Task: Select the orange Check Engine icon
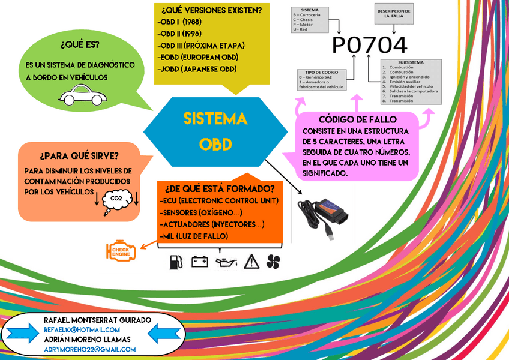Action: [121, 251]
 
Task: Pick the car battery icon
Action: [199, 261]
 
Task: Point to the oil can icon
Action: [226, 262]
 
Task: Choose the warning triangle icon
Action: [251, 261]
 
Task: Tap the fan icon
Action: [273, 261]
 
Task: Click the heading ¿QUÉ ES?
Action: [80, 46]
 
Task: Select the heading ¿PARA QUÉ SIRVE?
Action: [79, 156]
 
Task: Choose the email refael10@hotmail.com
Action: [82, 329]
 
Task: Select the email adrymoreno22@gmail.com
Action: [90, 349]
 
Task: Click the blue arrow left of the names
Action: [22, 334]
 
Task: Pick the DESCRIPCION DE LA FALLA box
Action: [394, 14]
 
